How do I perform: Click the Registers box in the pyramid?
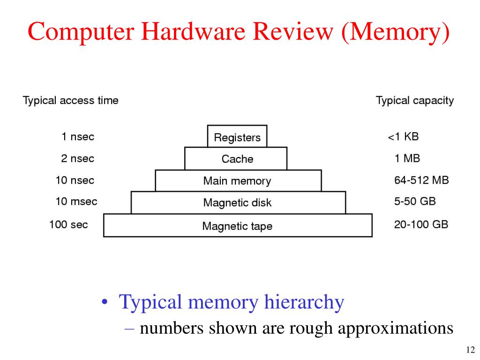(x=237, y=137)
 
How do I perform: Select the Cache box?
(x=237, y=159)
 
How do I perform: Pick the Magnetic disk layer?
(x=237, y=203)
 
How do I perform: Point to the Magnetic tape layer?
(x=237, y=226)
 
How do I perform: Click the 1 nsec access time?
(x=77, y=137)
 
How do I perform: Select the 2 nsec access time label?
(x=77, y=158)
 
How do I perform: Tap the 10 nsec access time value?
(x=75, y=180)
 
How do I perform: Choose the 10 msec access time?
(x=76, y=202)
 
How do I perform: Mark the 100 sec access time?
(x=68, y=225)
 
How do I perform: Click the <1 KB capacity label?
(x=403, y=137)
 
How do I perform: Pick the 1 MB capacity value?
(x=407, y=158)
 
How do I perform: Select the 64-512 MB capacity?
(x=421, y=180)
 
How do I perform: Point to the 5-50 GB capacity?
(x=415, y=202)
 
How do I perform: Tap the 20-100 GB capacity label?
(x=421, y=225)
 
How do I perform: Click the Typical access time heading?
(x=71, y=100)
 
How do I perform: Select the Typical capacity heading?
(x=415, y=100)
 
